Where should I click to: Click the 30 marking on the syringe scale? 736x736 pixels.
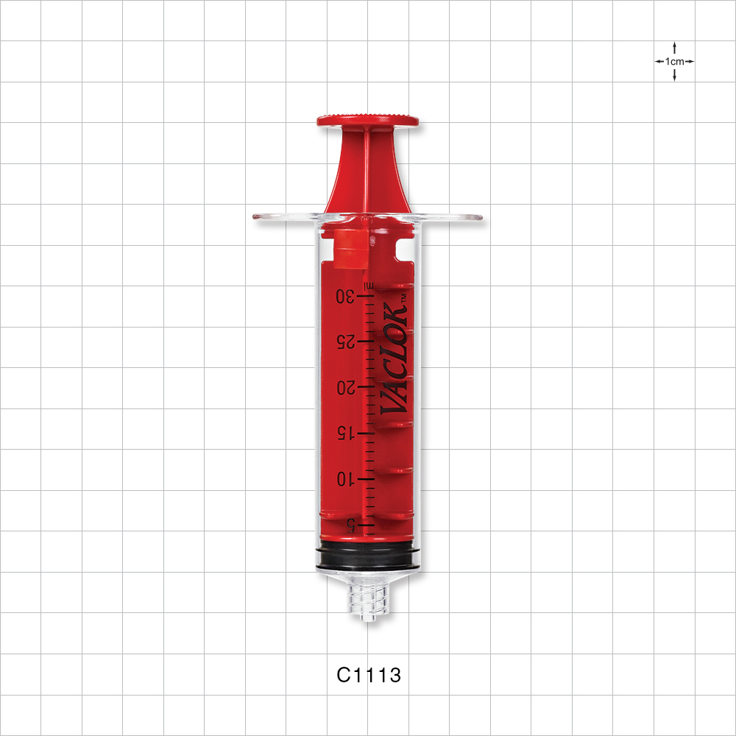[x=345, y=296]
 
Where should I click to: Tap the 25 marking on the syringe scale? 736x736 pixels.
[x=345, y=342]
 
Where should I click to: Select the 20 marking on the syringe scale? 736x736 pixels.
[x=346, y=388]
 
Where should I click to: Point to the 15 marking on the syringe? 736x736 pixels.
[x=347, y=434]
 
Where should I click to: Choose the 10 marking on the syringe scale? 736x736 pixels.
[x=347, y=479]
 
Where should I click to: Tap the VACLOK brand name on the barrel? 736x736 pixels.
[x=393, y=359]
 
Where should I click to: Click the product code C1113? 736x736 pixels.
[x=369, y=675]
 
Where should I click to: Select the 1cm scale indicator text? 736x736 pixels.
[x=674, y=62]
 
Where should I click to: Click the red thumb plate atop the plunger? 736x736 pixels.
[x=368, y=120]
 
